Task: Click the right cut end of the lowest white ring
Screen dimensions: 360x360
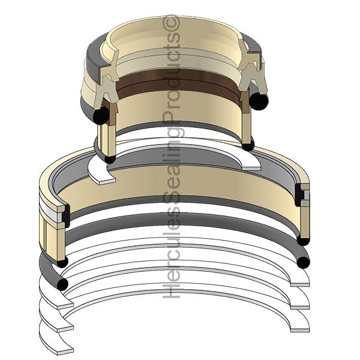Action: pos(300,327)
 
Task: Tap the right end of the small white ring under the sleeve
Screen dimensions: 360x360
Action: pos(254,161)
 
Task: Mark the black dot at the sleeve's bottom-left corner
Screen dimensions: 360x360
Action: pos(110,159)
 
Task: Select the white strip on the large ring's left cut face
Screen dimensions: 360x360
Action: pos(54,213)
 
